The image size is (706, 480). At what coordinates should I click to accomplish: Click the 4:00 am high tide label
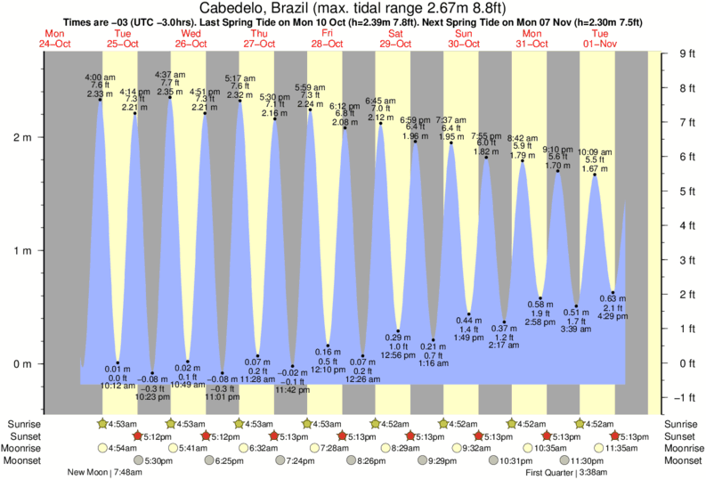(x=100, y=78)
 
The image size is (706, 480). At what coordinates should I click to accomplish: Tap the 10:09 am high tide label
(x=595, y=152)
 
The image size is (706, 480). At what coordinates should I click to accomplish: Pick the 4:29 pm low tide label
(x=608, y=315)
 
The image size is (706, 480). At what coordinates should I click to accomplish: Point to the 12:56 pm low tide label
(x=398, y=355)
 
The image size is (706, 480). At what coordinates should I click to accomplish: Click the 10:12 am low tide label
(x=118, y=386)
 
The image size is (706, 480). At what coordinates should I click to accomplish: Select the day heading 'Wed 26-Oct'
(x=189, y=38)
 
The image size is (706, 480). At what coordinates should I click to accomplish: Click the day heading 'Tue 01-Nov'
(x=599, y=38)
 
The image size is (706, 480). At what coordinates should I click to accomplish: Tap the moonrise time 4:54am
(x=122, y=449)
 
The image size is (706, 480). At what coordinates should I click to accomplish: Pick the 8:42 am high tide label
(x=522, y=138)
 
